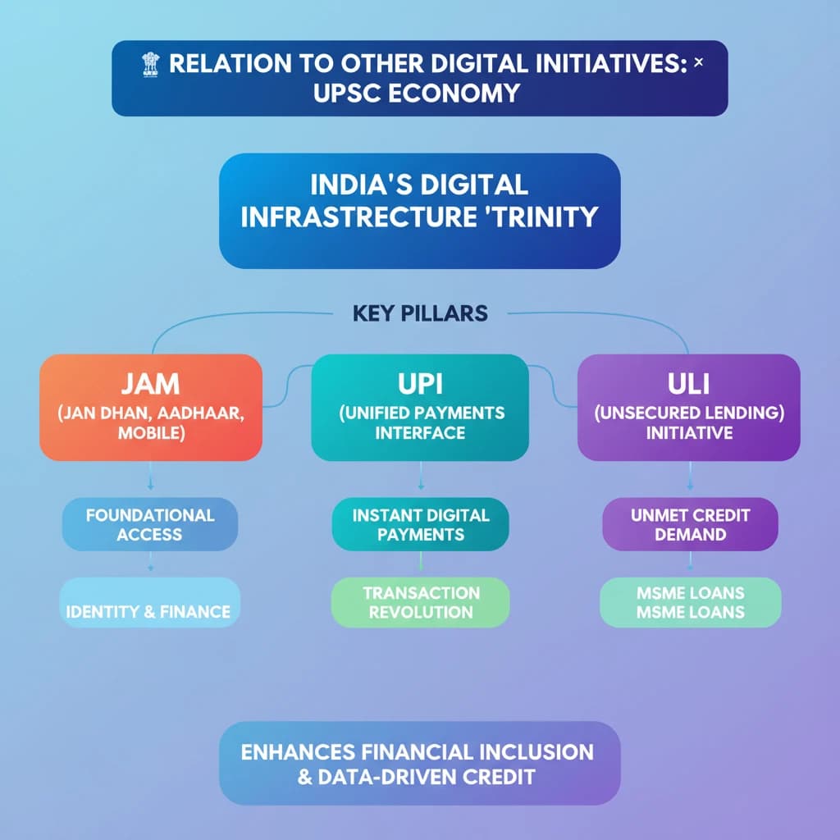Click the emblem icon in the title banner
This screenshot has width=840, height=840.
pyautogui.click(x=151, y=64)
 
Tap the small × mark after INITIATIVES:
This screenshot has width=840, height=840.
pyautogui.click(x=699, y=62)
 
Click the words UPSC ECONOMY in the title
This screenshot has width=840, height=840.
pyautogui.click(x=417, y=94)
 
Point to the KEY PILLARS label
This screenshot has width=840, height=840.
pyautogui.click(x=420, y=313)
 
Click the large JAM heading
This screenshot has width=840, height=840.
pyautogui.click(x=151, y=384)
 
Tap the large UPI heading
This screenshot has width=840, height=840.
pyautogui.click(x=421, y=384)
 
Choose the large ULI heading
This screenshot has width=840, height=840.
pyautogui.click(x=689, y=384)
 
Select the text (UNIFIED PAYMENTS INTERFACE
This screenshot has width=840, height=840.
pyautogui.click(x=421, y=422)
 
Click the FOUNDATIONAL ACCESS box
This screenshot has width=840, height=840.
pyautogui.click(x=150, y=524)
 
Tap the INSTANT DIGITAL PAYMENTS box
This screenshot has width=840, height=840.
pyautogui.click(x=421, y=524)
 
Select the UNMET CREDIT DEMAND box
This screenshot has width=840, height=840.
pyautogui.click(x=690, y=524)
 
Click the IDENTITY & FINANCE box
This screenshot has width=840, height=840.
pyautogui.click(x=150, y=602)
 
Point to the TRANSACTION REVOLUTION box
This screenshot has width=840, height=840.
pyautogui.click(x=421, y=602)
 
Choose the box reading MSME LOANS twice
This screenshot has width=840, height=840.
pyautogui.click(x=691, y=602)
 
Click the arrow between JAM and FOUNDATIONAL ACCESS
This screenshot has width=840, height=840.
pyautogui.click(x=151, y=476)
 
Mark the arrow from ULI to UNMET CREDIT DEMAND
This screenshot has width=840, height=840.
pyautogui.click(x=690, y=476)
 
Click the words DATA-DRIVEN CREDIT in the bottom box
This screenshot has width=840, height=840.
pyautogui.click(x=427, y=778)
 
